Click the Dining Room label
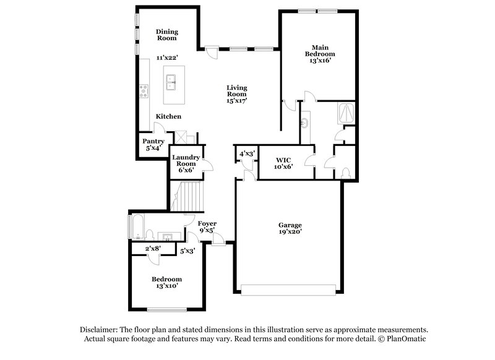167,35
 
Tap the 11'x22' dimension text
167,58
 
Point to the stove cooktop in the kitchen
144,91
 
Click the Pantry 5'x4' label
153,145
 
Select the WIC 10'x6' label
283,163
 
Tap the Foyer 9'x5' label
207,226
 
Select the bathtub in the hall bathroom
136,226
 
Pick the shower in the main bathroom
346,113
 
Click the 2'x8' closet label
152,249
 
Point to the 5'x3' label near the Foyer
187,251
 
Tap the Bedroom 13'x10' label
167,283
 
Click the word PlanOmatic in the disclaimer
406,339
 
